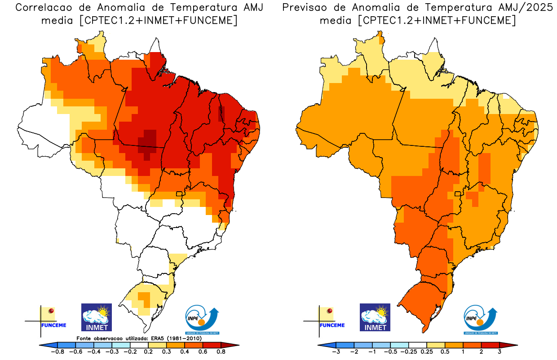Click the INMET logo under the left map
coord(96,317)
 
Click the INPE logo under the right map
coord(480,319)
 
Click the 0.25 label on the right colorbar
coord(427,352)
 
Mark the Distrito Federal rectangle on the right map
coord(458,194)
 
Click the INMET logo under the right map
coord(375,317)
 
